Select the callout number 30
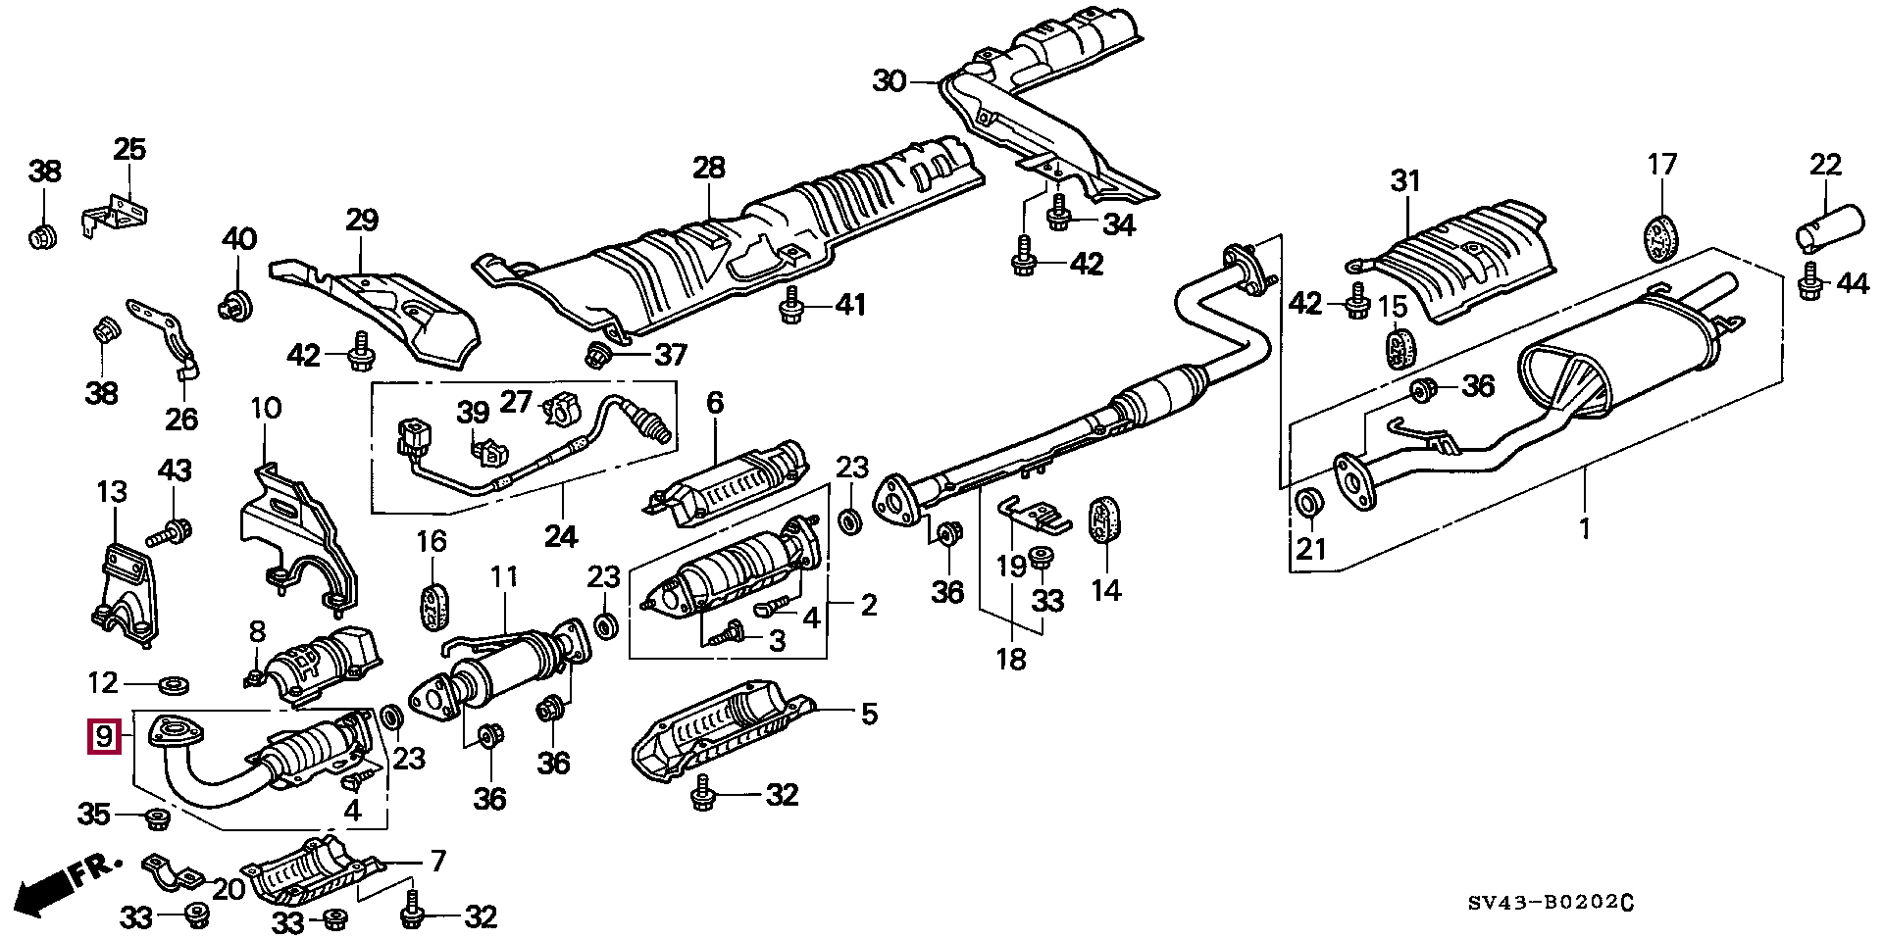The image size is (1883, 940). point(890,80)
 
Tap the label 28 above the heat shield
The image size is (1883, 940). point(708,167)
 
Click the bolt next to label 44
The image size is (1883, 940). point(1810,283)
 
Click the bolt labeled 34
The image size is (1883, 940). point(1059,216)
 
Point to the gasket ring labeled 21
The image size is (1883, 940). point(1308,503)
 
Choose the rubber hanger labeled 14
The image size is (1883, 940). point(1105,519)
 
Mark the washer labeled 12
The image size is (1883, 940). point(175,682)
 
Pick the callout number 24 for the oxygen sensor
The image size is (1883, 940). point(561,535)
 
